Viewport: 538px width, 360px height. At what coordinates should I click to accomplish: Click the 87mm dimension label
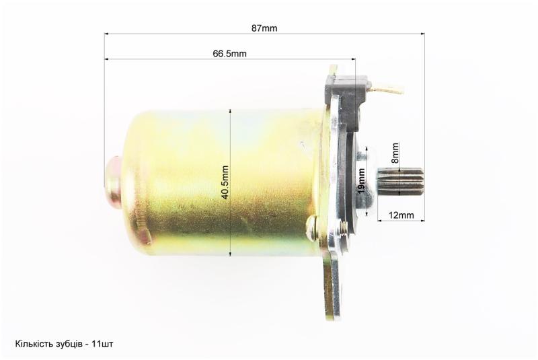coord(264,28)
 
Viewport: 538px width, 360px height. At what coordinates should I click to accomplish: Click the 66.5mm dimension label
coord(229,54)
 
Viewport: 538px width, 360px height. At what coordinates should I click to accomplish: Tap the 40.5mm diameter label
coord(225,182)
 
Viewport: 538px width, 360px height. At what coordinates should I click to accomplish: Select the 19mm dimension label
coord(361,180)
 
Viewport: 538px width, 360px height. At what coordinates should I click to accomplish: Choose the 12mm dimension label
coord(401,215)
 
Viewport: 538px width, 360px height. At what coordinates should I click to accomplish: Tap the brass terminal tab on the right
coord(389,88)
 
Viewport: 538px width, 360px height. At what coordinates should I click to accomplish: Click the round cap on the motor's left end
coord(113,181)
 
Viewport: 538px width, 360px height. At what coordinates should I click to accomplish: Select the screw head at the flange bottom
coord(311,228)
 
